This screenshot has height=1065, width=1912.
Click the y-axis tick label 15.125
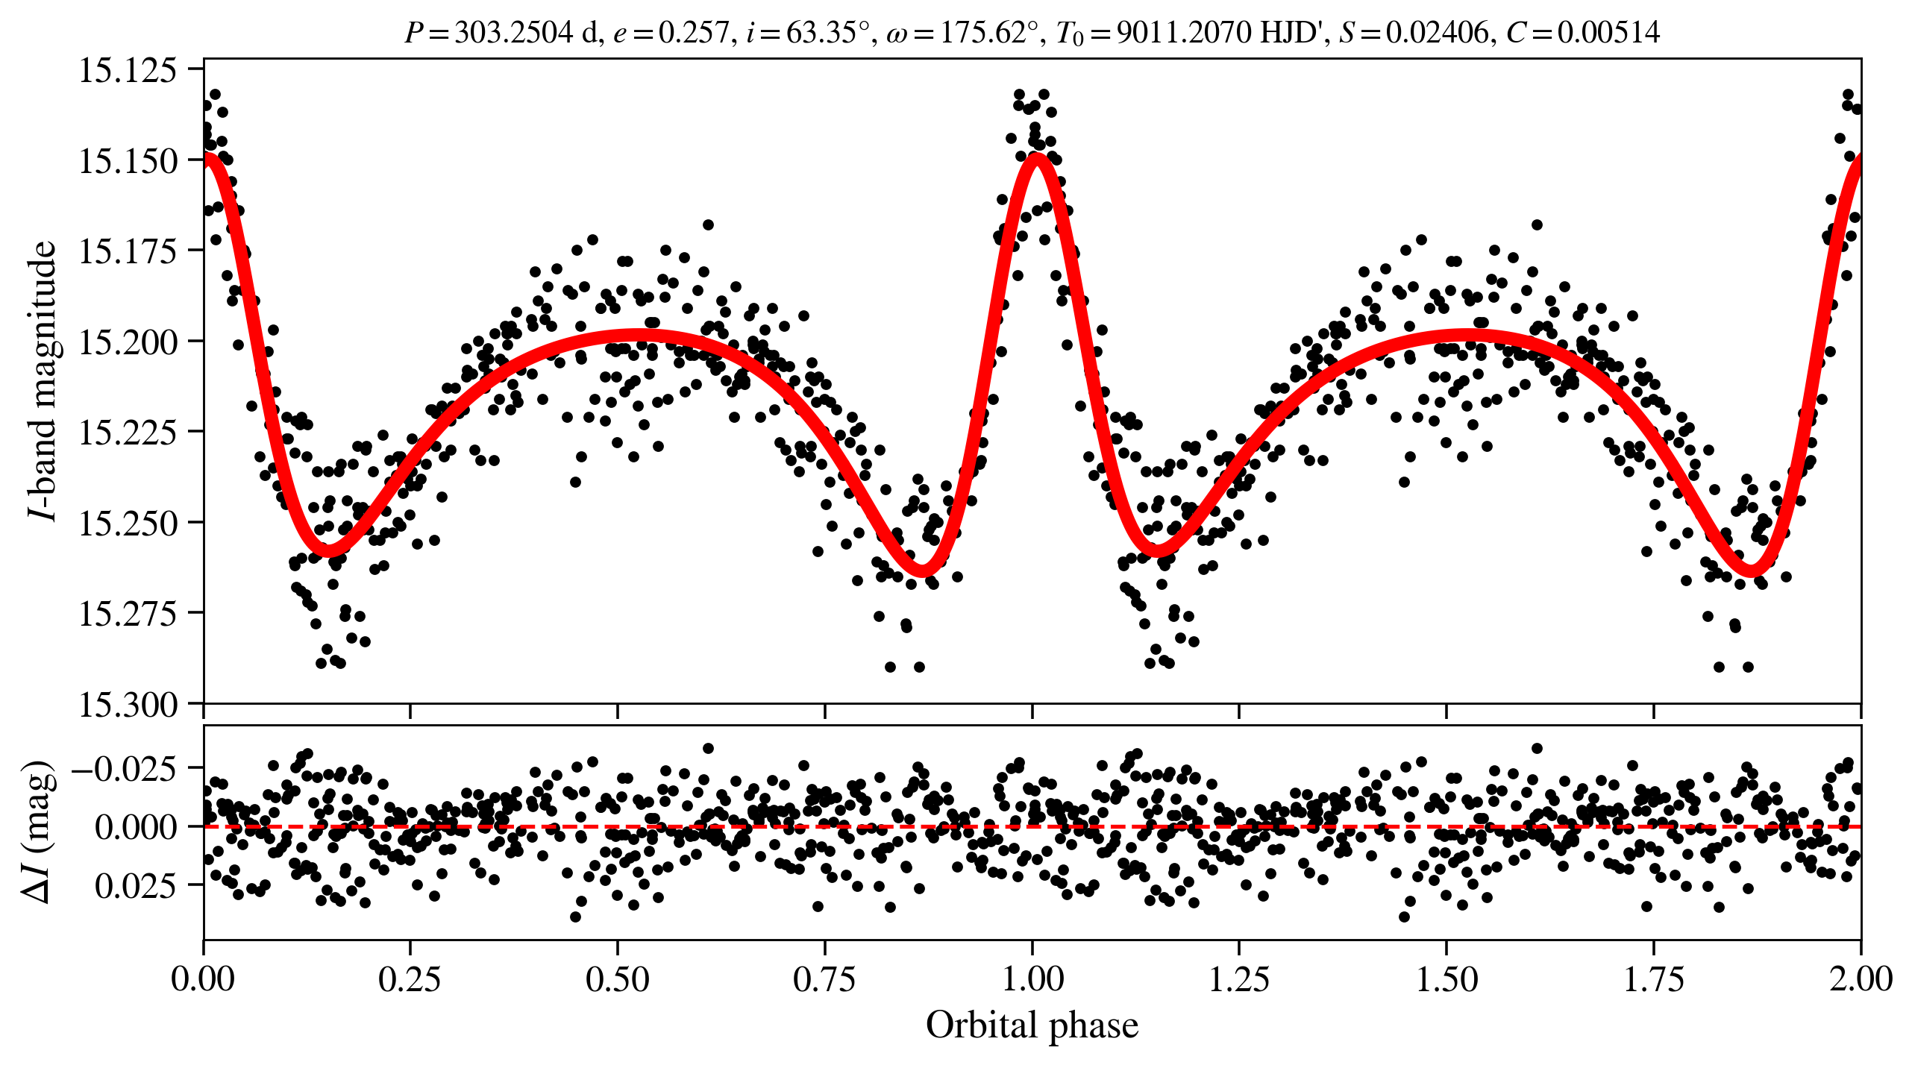pos(128,70)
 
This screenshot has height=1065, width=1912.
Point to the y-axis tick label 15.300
pos(128,704)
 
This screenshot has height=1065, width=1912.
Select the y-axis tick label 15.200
pos(128,342)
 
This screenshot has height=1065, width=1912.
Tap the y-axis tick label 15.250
pos(128,523)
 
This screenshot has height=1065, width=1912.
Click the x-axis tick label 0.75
pos(824,978)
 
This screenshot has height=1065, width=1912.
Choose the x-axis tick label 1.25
pos(1238,978)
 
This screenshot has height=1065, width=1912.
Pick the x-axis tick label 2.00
pos(1861,978)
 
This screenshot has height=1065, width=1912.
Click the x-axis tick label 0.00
pos(203,978)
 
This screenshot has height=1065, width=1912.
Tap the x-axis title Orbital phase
pos(1032,1025)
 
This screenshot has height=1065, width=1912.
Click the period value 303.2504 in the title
pos(513,33)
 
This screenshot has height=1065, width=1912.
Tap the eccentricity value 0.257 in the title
pos(692,33)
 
